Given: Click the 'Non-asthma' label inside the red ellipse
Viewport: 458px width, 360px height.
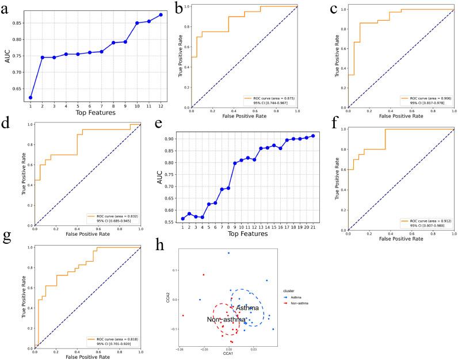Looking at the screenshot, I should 226,319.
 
